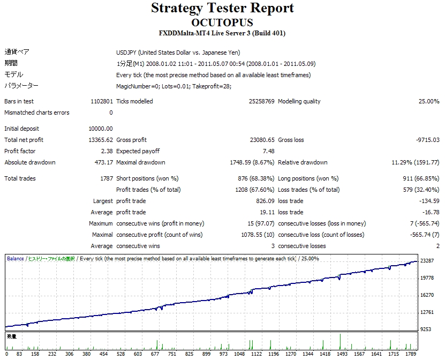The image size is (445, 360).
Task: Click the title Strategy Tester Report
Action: point(222,9)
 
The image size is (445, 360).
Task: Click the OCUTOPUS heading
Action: point(222,22)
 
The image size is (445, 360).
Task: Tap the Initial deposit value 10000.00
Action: point(100,129)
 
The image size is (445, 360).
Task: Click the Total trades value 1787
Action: point(105,178)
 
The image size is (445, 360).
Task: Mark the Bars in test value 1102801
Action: point(102,101)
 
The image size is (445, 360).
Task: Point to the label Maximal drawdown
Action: point(140,162)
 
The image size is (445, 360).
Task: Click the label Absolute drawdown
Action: point(30,162)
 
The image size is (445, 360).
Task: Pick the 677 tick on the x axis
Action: point(156,354)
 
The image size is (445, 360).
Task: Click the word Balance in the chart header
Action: point(15,258)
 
